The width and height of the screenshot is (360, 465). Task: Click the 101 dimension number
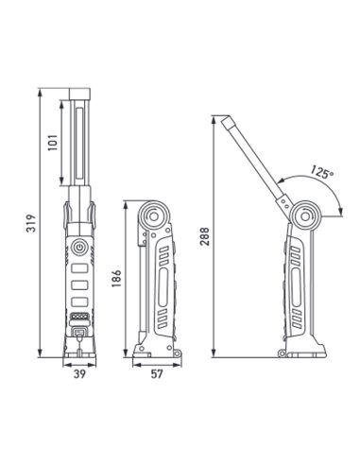click(54, 145)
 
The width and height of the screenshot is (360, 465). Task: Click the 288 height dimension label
click(204, 236)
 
